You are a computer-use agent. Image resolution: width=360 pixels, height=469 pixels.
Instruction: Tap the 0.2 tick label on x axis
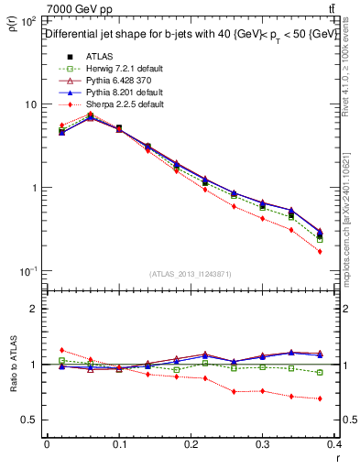click(191, 444)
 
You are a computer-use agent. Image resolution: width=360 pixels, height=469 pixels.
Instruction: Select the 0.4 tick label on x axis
click(333, 444)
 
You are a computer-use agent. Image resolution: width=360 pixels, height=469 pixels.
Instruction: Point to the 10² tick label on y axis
click(28, 21)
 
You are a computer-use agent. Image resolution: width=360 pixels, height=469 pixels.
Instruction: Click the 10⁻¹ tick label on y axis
click(28, 271)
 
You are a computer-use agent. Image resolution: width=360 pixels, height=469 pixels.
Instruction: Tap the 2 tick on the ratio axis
click(34, 309)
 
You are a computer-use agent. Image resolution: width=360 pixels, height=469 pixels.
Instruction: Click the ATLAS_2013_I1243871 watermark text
click(190, 275)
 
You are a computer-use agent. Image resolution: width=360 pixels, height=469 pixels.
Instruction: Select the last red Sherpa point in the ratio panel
click(320, 398)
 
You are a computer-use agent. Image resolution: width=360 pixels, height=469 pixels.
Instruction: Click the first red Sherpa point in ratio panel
click(61, 350)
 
